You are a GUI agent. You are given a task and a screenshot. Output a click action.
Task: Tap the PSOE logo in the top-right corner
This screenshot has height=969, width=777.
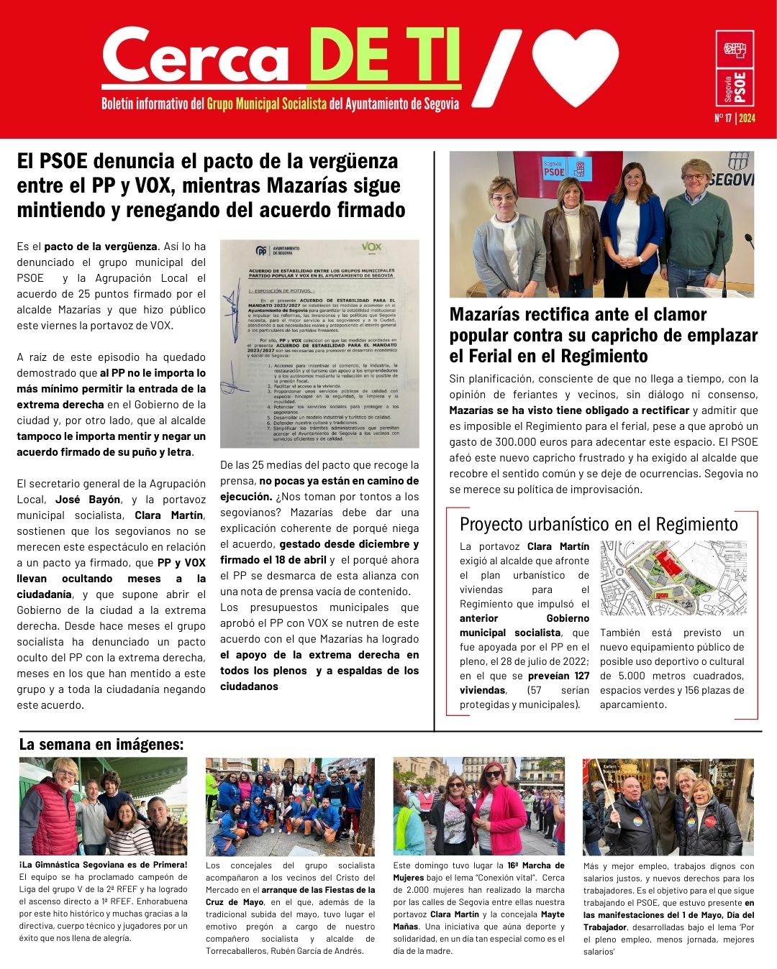(735, 69)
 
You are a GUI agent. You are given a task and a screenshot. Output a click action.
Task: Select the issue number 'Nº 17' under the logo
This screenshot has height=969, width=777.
(723, 119)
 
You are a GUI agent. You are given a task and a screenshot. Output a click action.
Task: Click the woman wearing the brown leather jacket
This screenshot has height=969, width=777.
(573, 237)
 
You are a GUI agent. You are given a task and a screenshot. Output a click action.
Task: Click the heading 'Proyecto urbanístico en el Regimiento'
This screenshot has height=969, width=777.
(599, 524)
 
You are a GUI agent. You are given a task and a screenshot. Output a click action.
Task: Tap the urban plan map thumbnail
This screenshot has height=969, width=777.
(673, 579)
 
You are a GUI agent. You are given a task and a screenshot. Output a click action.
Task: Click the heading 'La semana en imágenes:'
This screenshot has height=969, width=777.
(101, 744)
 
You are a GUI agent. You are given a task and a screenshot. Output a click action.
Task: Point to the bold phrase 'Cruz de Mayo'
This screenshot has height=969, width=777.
(235, 902)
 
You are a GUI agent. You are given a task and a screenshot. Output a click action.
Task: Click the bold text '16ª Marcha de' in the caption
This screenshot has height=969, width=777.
(535, 865)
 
